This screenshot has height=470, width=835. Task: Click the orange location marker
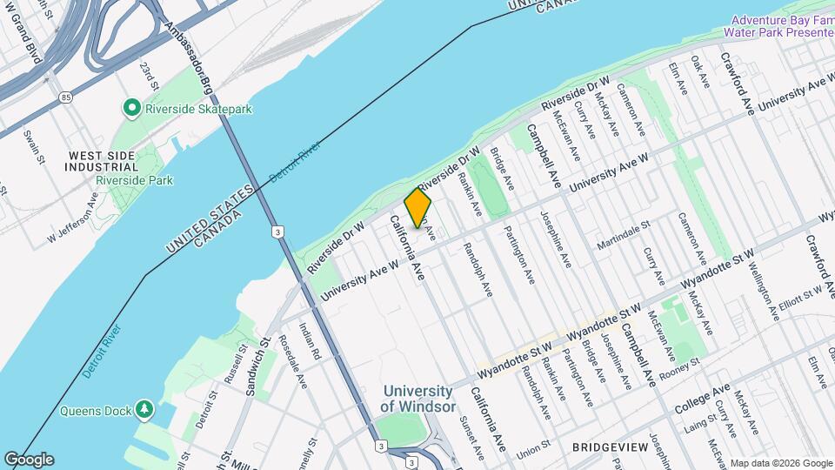coord(417,208)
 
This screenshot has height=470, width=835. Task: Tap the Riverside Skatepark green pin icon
coord(132,109)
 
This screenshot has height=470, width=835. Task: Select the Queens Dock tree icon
coord(144,408)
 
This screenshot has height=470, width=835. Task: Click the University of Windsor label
coord(417,399)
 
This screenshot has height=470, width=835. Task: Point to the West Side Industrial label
coord(103,160)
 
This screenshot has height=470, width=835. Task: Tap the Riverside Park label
coord(134,180)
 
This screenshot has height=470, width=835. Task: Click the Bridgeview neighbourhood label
coord(610,446)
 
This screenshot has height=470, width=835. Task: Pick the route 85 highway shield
coord(67,97)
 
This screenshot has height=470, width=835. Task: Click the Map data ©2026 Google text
coord(780,463)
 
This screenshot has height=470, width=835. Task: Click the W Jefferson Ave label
coord(73,223)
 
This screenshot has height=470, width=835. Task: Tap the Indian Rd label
coord(311,342)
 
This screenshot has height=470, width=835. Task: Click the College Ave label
coord(711,399)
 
